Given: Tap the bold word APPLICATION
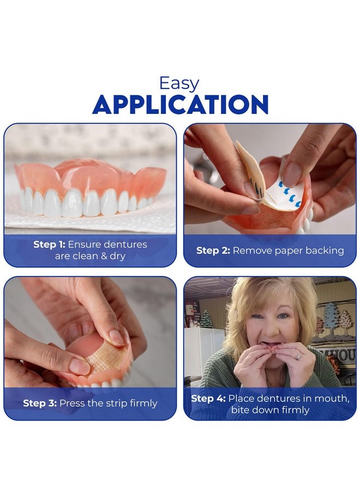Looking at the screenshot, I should [x=180, y=105].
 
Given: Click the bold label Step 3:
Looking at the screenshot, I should [x=40, y=403].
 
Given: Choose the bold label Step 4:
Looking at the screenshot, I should [x=208, y=398].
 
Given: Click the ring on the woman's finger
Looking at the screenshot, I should [x=299, y=356].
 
